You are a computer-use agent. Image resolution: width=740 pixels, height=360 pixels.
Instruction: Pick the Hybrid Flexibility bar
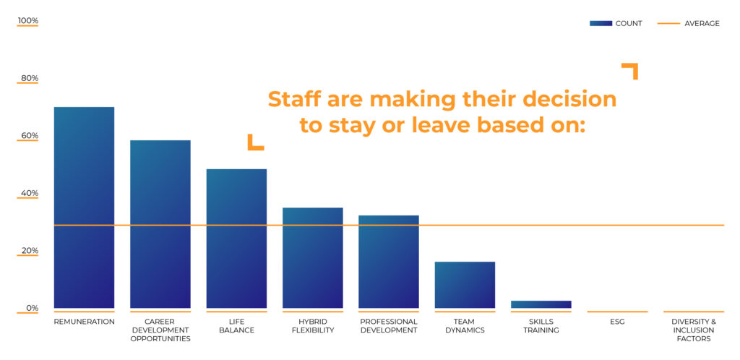[312, 258]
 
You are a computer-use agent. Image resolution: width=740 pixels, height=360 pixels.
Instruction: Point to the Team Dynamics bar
[465, 285]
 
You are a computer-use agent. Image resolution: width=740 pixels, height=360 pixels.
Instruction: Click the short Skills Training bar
[541, 304]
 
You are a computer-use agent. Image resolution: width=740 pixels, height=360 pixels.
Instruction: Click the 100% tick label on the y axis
[28, 21]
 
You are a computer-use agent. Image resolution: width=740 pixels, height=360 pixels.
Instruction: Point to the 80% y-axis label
[29, 78]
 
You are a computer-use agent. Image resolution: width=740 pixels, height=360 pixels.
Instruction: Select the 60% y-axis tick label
[29, 136]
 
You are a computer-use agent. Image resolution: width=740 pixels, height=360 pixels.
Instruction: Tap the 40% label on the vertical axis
[29, 193]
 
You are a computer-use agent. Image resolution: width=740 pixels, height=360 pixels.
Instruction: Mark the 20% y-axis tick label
[29, 251]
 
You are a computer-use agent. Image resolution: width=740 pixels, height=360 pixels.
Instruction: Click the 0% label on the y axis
[32, 309]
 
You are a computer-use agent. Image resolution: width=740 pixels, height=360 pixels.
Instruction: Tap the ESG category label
[617, 322]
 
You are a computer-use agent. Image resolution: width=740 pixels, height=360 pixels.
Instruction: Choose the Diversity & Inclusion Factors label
[694, 330]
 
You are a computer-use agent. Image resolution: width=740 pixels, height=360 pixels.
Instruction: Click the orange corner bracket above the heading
[632, 69]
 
